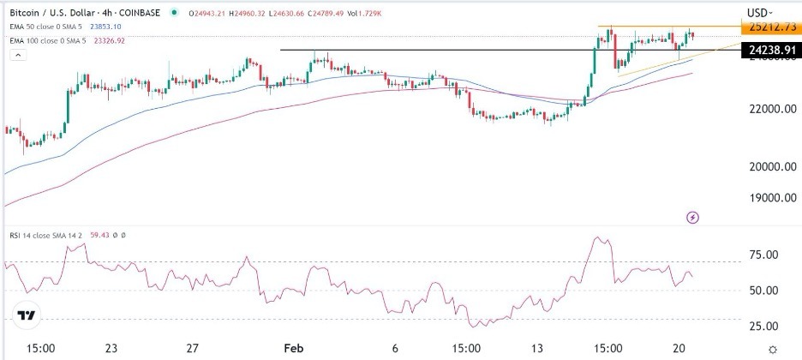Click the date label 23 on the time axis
(x=111, y=349)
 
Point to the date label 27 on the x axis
(x=193, y=349)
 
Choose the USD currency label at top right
(x=757, y=13)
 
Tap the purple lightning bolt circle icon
(x=693, y=219)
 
